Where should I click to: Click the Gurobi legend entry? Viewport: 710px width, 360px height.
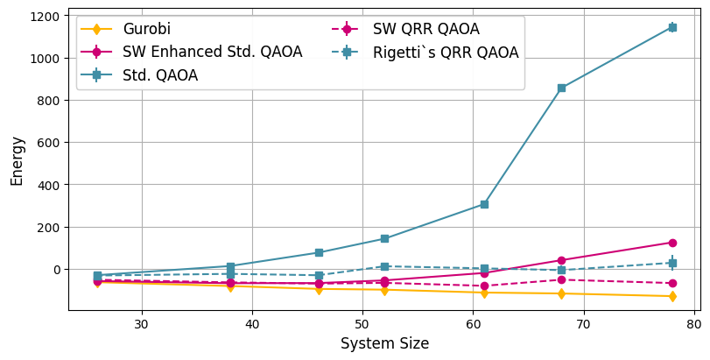147,29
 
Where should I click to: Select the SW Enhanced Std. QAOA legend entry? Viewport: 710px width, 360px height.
212,52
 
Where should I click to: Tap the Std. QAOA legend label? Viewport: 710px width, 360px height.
159,75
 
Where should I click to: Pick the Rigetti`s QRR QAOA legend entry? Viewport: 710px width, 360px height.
446,53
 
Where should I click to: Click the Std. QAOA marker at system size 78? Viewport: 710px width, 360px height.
672,27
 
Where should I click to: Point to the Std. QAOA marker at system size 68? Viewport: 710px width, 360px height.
561,88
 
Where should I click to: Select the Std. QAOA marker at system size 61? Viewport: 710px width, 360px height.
484,204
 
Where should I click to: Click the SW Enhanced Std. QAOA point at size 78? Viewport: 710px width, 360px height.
672,243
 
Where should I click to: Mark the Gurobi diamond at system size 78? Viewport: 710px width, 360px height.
672,296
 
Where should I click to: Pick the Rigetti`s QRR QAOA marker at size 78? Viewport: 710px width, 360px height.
672,263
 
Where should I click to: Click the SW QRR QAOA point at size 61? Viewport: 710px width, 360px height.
484,286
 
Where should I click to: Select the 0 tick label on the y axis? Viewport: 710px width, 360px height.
57,270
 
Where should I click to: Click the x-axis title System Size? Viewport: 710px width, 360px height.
384,344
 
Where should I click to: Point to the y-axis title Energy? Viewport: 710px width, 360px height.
17,160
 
